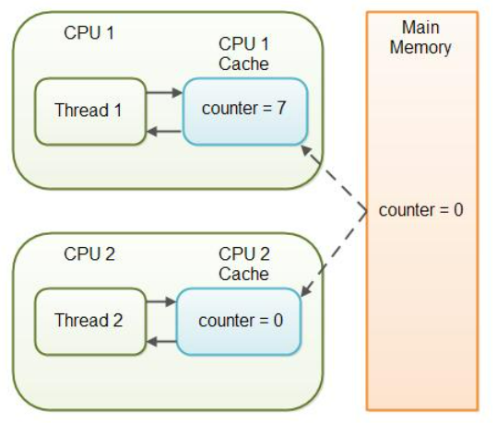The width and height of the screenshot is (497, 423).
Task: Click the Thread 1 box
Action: click(90, 112)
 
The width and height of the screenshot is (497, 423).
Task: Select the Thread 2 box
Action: click(90, 322)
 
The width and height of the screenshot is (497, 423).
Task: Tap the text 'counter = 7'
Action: click(243, 109)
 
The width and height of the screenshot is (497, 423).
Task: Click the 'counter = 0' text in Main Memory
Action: click(420, 210)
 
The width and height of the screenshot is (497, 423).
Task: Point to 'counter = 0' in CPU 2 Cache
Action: click(241, 321)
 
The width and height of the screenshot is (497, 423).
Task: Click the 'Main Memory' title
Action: click(420, 38)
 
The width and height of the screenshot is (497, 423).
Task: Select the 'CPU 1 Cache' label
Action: click(243, 53)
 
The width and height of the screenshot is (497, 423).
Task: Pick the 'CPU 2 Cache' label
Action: click(243, 264)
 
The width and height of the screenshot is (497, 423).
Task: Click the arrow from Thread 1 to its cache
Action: click(164, 93)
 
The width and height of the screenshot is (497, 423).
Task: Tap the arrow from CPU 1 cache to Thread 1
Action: click(164, 131)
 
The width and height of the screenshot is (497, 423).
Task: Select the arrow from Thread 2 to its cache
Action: click(161, 301)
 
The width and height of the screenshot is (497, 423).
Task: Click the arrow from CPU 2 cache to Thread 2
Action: click(161, 342)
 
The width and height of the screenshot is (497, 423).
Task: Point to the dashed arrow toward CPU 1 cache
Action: click(334, 179)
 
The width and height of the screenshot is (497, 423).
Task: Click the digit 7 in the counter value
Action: click(281, 108)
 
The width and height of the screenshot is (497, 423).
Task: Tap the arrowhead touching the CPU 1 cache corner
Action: click(305, 150)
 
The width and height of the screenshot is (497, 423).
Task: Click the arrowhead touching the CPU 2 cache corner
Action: click(305, 291)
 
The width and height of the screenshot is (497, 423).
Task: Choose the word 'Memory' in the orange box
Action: click(420, 48)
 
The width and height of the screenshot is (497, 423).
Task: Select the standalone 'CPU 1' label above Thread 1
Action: click(89, 32)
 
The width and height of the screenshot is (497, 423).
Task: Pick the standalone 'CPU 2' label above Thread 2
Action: click(89, 254)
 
